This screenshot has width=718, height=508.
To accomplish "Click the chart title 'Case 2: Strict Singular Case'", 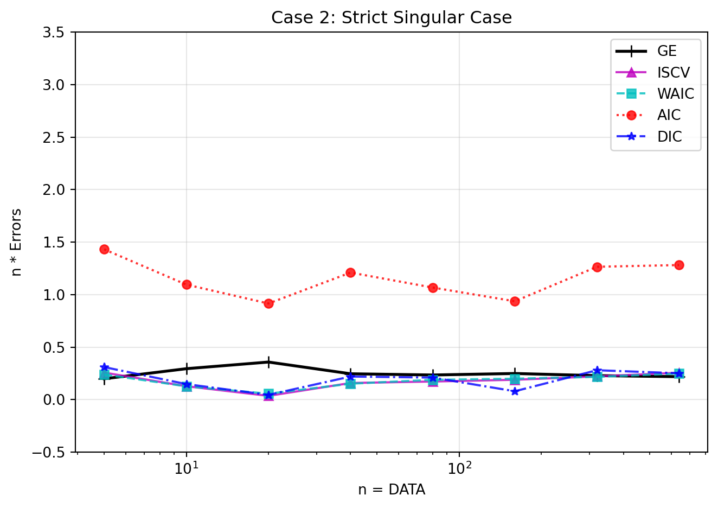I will tap(392, 18).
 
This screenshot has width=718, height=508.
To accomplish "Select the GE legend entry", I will tap(666, 51).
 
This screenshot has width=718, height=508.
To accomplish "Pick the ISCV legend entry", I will tap(673, 72).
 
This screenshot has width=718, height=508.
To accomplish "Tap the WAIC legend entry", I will tap(675, 93).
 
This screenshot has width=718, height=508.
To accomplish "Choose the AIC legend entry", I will tap(669, 115).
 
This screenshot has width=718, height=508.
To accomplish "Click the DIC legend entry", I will tap(669, 137).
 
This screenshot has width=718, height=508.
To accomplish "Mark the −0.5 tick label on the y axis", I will tap(52, 452).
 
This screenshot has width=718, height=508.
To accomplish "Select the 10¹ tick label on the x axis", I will tap(187, 468).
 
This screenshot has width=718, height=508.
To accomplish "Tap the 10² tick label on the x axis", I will tap(459, 468).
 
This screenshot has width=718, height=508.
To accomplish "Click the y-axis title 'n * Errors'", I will tap(17, 242).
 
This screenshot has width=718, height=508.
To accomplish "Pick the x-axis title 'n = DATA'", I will tap(392, 490).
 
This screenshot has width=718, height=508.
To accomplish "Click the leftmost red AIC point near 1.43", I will tap(105, 249).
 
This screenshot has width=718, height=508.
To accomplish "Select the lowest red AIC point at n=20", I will tap(268, 303).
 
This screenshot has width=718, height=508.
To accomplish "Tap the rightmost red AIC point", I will tap(678, 265).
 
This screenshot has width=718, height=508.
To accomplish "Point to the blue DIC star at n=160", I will tap(515, 391).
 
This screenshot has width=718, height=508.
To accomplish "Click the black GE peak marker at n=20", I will tap(268, 362).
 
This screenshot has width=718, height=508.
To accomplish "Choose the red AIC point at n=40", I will tap(350, 272).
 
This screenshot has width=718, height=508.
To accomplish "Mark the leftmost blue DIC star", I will tap(105, 367).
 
